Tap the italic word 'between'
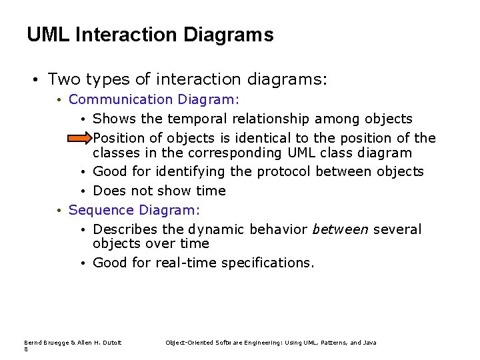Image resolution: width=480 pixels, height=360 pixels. (x=340, y=229)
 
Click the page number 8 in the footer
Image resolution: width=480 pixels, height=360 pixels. (x=26, y=349)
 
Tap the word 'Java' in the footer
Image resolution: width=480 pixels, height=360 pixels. (x=369, y=343)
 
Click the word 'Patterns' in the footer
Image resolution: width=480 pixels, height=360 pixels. (x=335, y=343)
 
